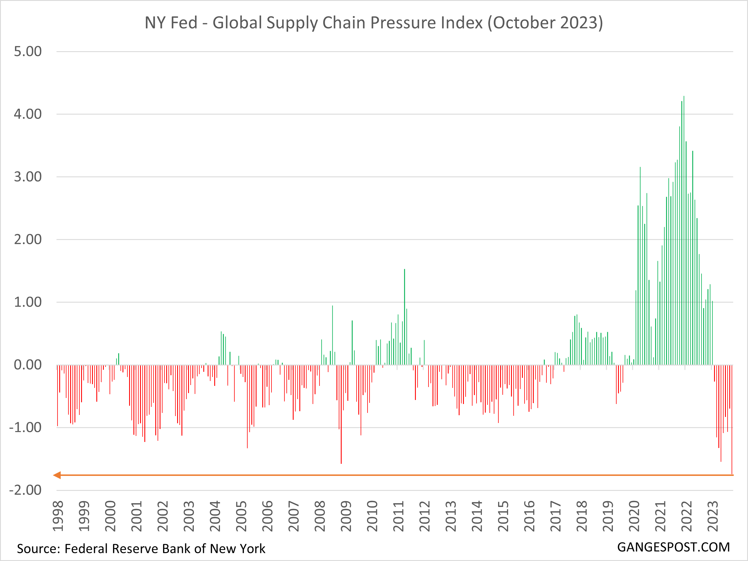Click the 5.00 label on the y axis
28,52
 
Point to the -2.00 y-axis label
25,490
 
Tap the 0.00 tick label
28,365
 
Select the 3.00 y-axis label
28,177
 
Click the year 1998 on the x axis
58,516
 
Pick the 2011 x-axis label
399,516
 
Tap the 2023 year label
713,516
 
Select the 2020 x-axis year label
634,516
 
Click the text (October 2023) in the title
545,23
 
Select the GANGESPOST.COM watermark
673,547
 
